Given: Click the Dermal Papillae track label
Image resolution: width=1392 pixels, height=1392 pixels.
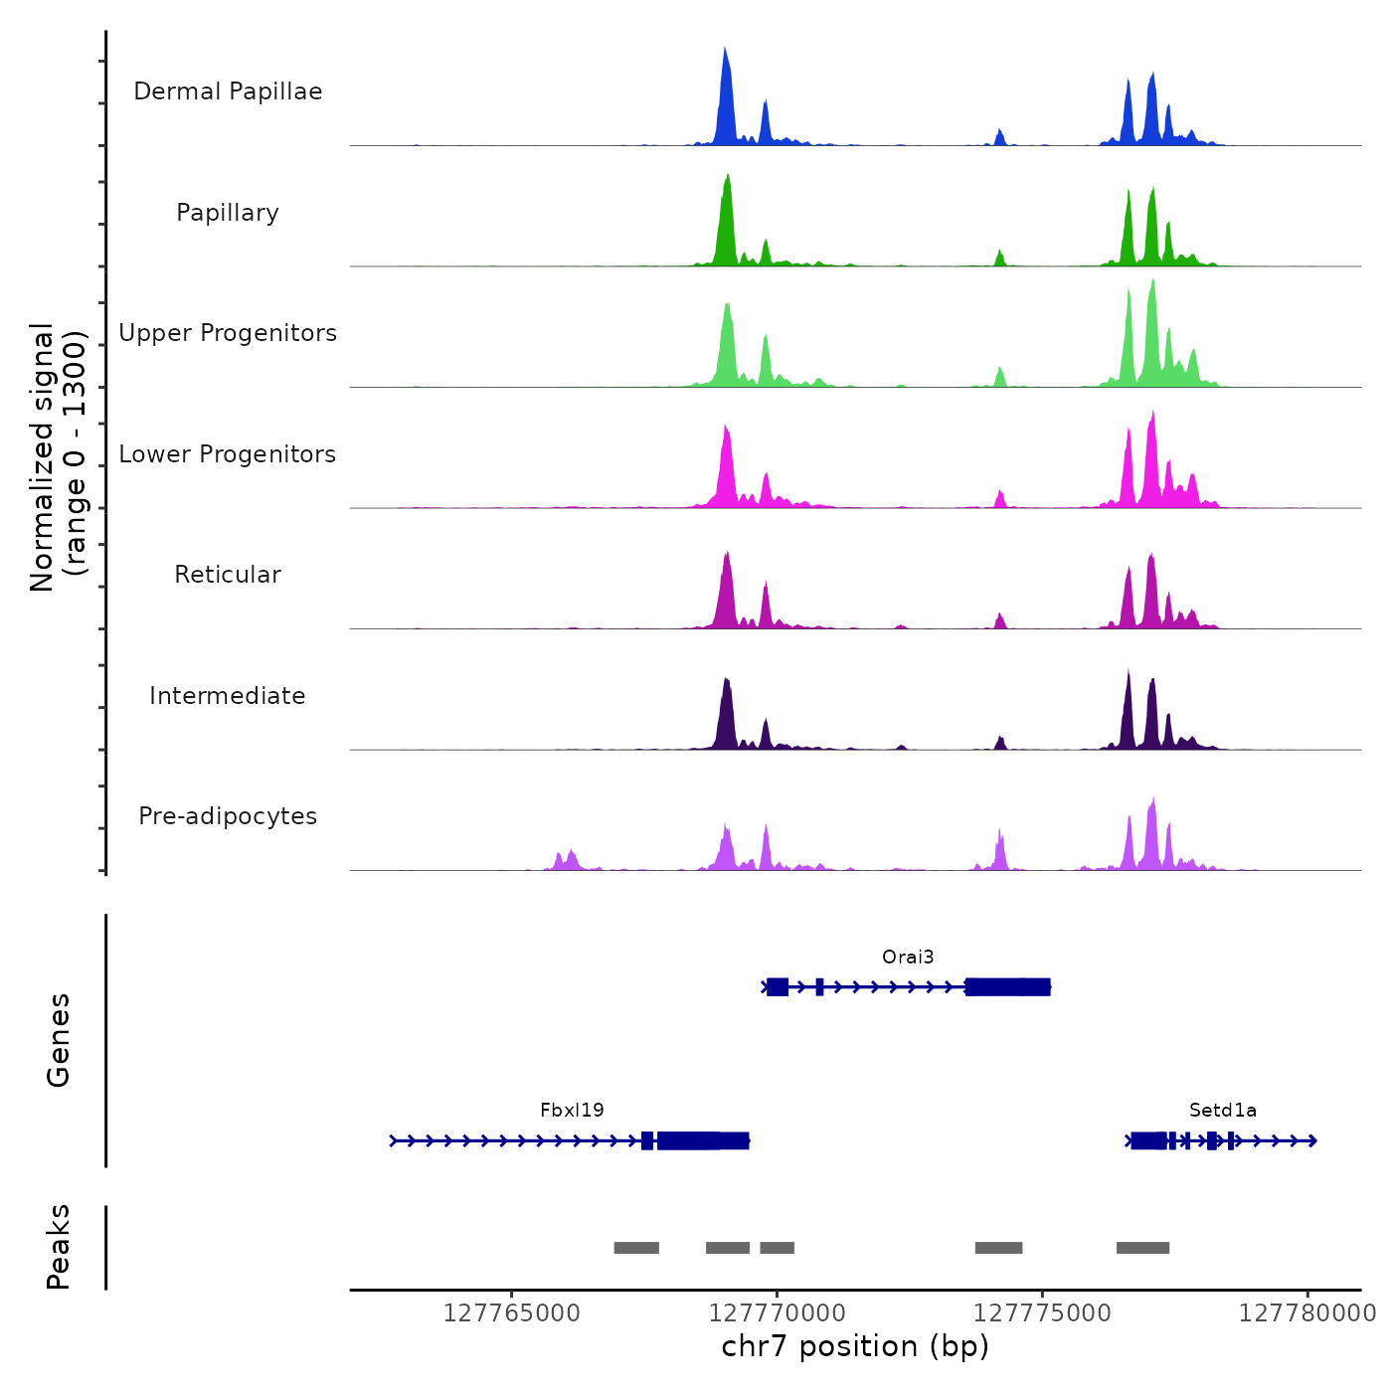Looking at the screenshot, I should point(228,91).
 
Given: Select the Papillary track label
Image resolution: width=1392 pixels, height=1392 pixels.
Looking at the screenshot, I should point(228,213).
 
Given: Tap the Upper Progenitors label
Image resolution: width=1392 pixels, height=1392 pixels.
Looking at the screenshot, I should point(228,333).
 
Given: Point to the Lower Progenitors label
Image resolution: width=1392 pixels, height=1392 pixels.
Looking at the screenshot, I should point(228,454).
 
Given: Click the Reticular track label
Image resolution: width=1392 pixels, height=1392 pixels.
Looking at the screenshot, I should point(228,575).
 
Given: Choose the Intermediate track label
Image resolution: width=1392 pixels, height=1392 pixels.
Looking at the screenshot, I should point(228,696).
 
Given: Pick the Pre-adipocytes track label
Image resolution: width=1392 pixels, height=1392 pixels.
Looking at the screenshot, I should point(228,816).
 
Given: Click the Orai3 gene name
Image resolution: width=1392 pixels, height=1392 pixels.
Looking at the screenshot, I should point(908,957).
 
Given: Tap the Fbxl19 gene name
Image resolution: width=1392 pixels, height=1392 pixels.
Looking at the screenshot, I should point(572,1111).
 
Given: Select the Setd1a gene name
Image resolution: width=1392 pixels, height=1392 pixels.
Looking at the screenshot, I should point(1222,1111).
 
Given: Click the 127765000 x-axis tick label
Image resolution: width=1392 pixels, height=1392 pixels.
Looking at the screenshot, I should point(511,1313).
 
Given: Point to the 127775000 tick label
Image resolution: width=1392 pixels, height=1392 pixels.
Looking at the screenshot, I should point(1042,1313).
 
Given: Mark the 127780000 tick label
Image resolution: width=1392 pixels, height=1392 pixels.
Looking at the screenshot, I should point(1306,1313).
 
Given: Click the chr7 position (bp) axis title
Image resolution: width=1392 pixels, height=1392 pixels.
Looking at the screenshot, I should point(855,1346).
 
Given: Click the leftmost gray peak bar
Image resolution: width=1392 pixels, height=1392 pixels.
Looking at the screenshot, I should point(636,1248).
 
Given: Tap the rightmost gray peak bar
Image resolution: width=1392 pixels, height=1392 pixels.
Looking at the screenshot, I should point(1142,1248).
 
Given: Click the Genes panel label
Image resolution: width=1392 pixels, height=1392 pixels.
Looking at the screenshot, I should point(59,1040).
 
